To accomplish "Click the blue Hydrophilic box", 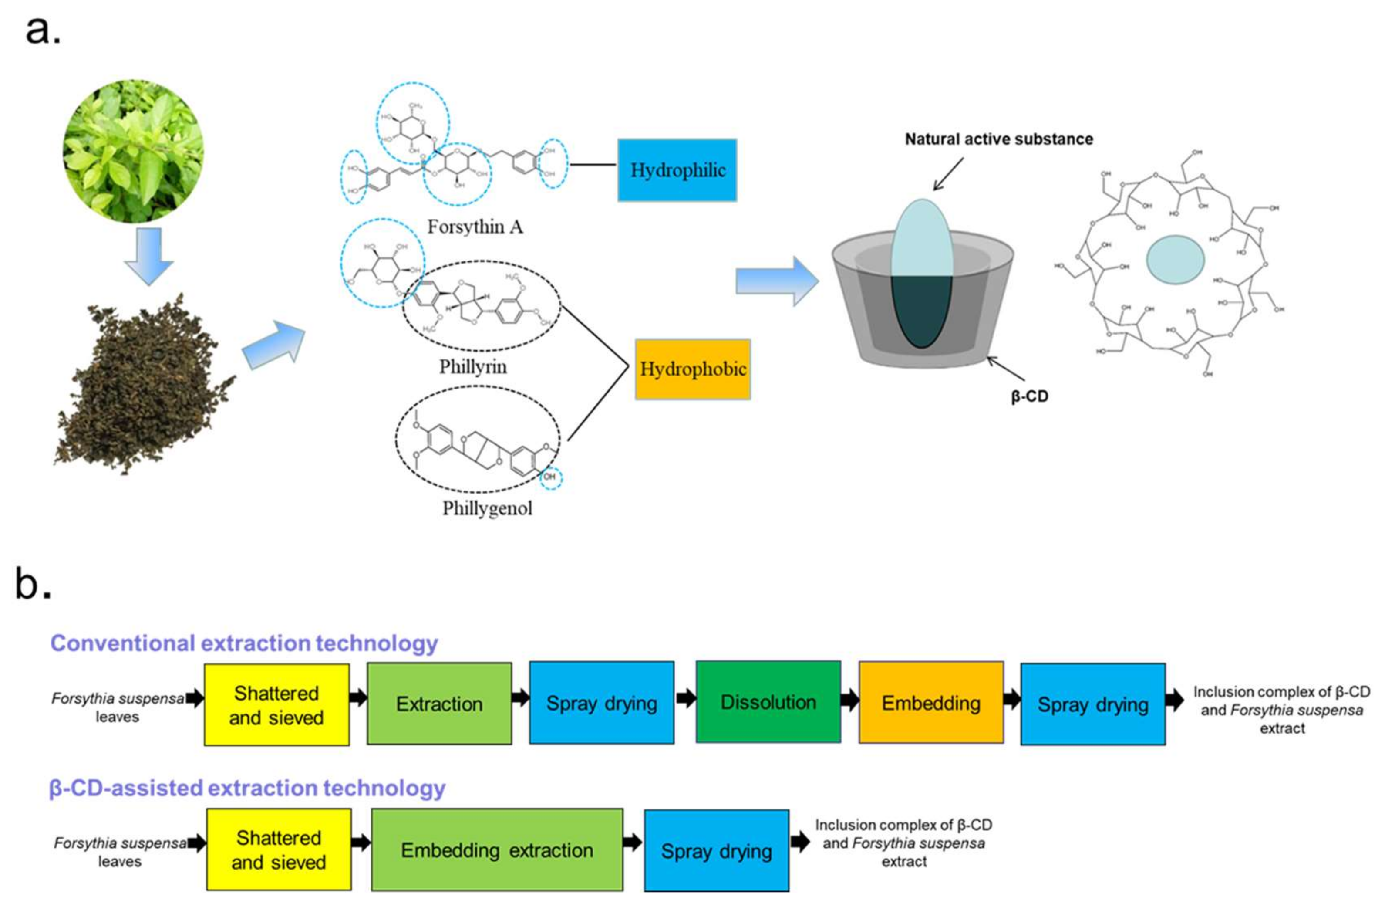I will click(677, 170).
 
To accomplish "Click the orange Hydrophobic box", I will click(692, 369).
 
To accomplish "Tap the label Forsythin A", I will click(475, 227).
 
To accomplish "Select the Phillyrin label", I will click(472, 367).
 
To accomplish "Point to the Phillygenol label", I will click(487, 508).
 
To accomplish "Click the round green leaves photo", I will click(133, 151).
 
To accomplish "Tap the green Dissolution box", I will click(768, 702).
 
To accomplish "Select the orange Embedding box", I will click(930, 703).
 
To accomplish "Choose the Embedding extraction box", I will click(497, 850).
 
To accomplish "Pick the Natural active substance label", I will click(999, 139).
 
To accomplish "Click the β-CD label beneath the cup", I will click(1029, 396).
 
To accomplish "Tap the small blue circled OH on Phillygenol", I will click(550, 477).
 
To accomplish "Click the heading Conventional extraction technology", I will click(244, 643).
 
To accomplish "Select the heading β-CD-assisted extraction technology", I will click(247, 788).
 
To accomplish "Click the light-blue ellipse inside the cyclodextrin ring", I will click(1175, 260).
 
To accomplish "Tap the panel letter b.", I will click(32, 584).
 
